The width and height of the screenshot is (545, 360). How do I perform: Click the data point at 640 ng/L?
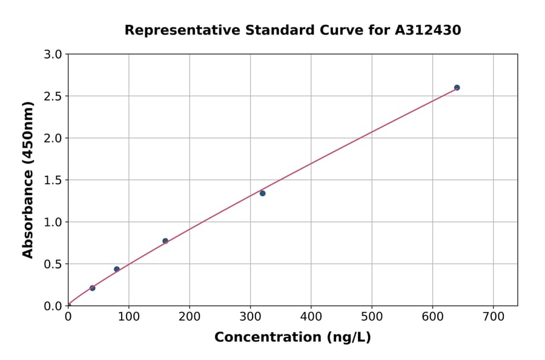457,88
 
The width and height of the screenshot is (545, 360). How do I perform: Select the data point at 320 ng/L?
262,193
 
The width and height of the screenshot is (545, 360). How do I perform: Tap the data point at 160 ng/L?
165,241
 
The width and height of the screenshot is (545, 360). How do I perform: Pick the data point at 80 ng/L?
117,269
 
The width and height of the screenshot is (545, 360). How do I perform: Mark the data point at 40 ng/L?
92,288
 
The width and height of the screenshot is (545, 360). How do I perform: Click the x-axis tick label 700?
493,317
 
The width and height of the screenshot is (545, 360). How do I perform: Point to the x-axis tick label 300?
250,317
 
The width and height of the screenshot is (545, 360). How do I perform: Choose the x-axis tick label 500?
372,317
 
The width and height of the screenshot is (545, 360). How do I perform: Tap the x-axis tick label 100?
128,317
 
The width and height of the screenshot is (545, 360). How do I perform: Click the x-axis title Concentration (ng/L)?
292,338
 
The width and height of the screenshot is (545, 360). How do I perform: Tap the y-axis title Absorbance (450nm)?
28,179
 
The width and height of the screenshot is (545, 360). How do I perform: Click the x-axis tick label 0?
68,317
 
